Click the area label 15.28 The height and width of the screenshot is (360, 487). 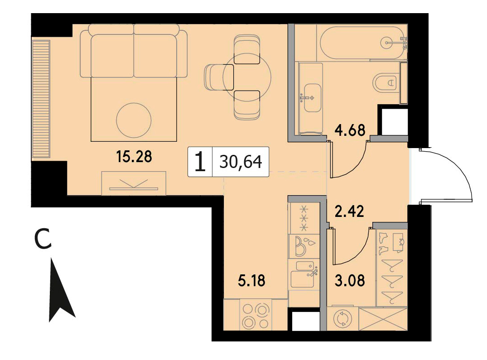[134, 156]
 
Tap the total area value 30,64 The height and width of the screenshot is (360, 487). [241, 162]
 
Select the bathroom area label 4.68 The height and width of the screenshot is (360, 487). [350, 130]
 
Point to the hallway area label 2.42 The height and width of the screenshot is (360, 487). [349, 211]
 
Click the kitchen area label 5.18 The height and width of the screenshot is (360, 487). [251, 281]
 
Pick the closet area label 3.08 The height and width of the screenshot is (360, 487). [350, 281]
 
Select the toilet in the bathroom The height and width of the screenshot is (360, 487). [386, 83]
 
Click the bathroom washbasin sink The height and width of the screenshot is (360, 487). [312, 98]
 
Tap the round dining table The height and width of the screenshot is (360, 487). [247, 77]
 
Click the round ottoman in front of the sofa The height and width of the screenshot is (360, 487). [134, 120]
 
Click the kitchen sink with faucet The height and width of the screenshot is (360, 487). [304, 275]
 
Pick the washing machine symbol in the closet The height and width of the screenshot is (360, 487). [342, 319]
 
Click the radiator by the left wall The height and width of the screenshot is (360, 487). [41, 99]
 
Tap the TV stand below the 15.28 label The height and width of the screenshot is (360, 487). [134, 183]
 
